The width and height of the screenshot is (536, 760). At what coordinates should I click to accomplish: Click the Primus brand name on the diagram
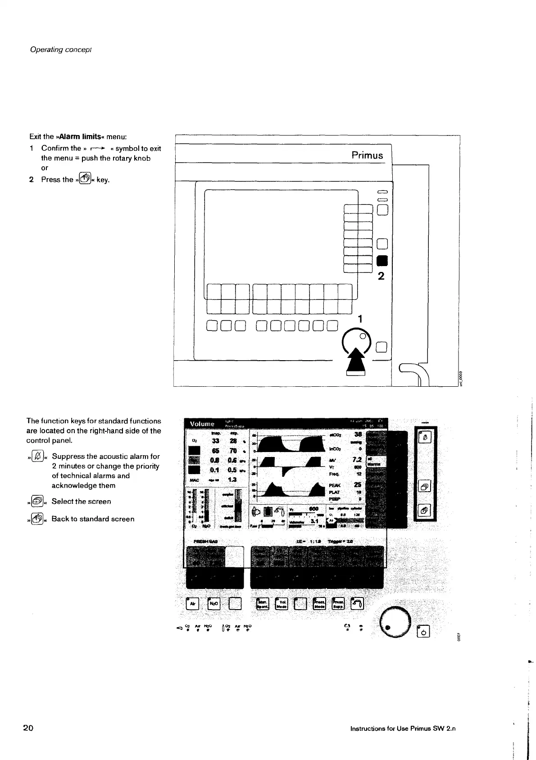pyautogui.click(x=367, y=155)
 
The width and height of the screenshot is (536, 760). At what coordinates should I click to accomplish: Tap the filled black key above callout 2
pyautogui.click(x=382, y=261)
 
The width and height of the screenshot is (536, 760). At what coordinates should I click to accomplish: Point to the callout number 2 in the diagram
pyautogui.click(x=381, y=276)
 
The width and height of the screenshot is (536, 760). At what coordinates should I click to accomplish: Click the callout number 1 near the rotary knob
pyautogui.click(x=359, y=319)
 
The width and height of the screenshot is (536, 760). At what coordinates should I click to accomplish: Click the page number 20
pyautogui.click(x=28, y=728)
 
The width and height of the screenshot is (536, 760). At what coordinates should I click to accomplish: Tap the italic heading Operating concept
pyautogui.click(x=61, y=49)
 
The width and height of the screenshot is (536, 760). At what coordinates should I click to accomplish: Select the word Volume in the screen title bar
pyautogui.click(x=202, y=424)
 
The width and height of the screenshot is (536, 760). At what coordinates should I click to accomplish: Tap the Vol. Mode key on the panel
pyautogui.click(x=282, y=604)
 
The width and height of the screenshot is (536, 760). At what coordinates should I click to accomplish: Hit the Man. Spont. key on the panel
pyautogui.click(x=263, y=604)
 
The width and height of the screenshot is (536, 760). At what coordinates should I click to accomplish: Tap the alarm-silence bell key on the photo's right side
pyautogui.click(x=426, y=437)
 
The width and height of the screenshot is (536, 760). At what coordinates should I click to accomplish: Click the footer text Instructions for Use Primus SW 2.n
pyautogui.click(x=403, y=728)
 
